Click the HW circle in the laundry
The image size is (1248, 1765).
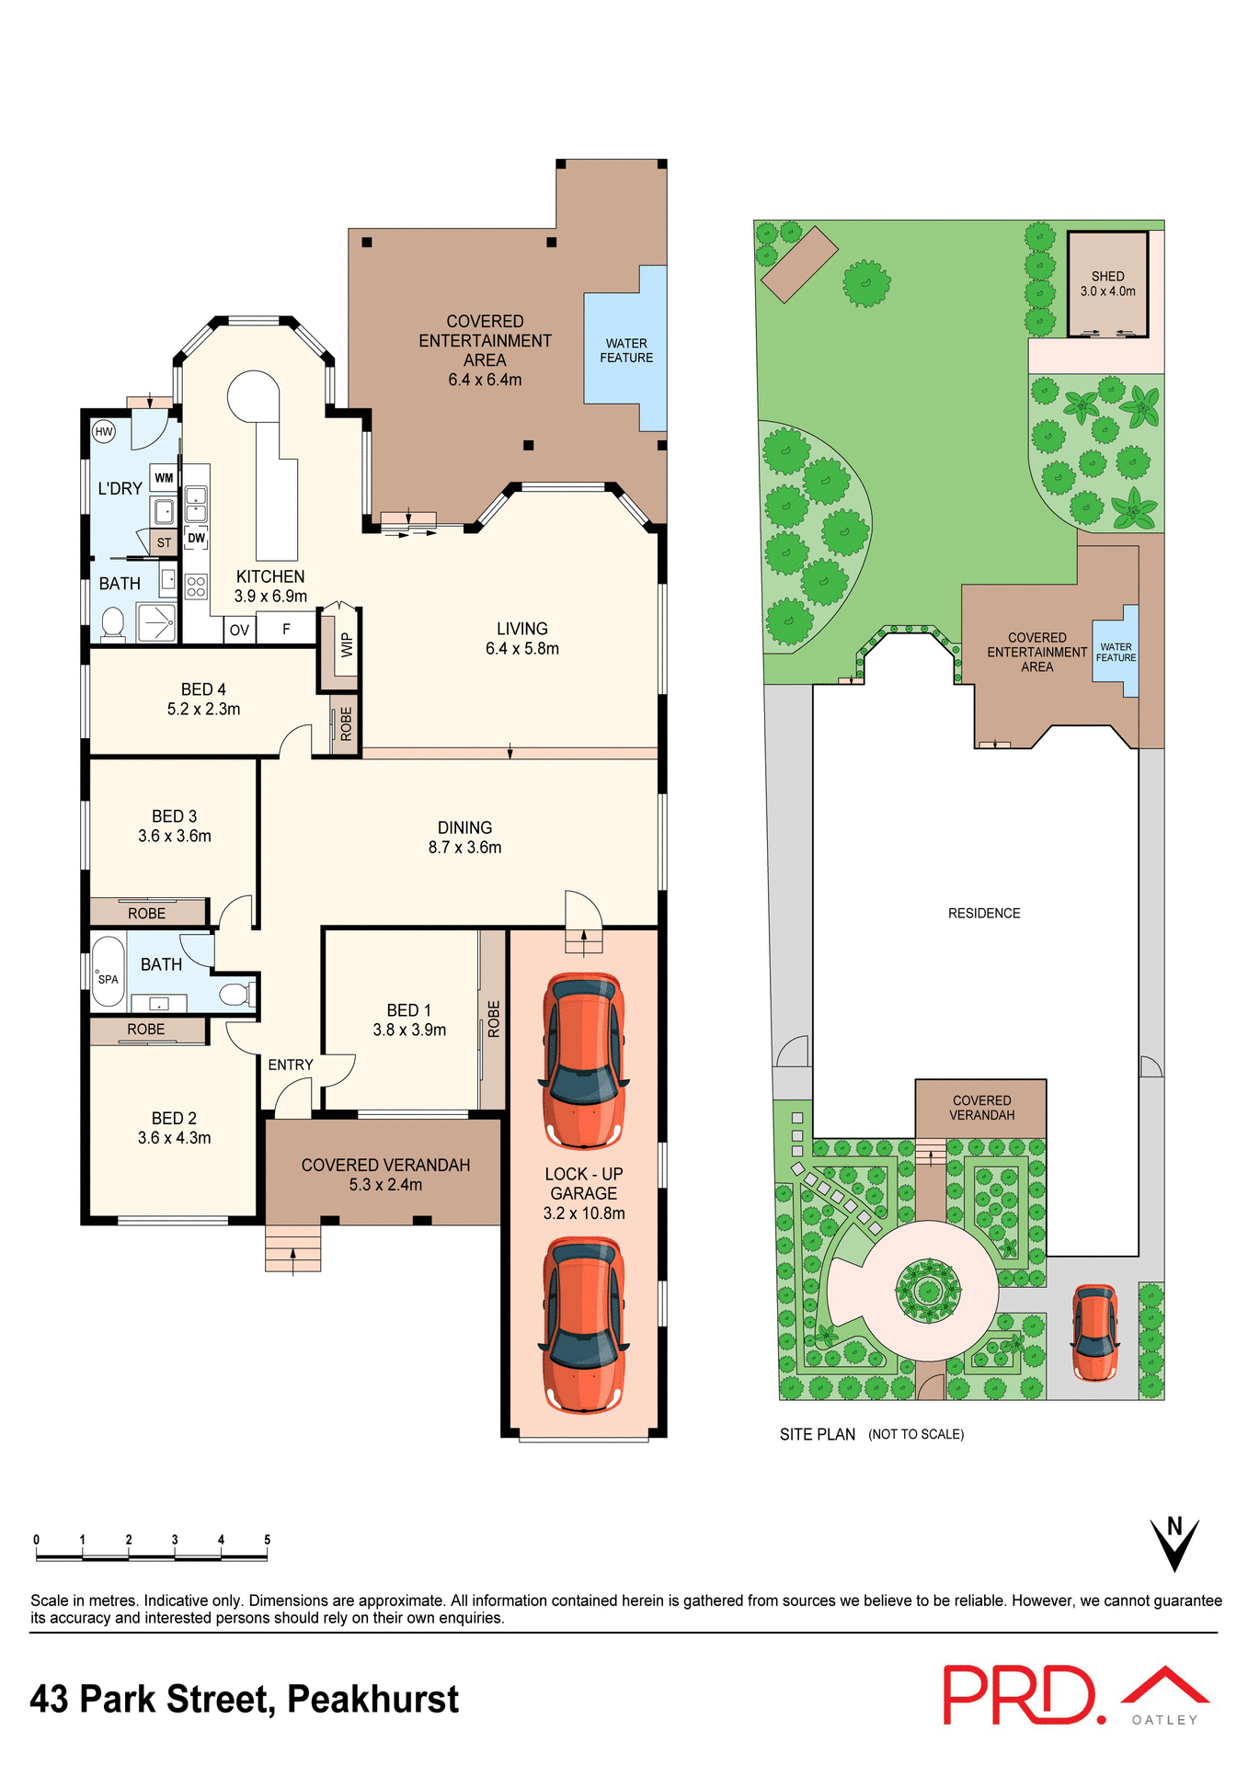[x=104, y=431]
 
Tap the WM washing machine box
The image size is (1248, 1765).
[x=164, y=478]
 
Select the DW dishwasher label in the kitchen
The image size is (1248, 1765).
[x=196, y=538]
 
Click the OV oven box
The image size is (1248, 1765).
[x=239, y=630]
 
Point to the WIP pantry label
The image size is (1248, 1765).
[x=347, y=644]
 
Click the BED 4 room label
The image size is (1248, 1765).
[x=203, y=699]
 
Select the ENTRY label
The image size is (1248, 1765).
[x=291, y=1065]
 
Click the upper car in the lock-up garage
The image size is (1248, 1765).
[x=583, y=1061]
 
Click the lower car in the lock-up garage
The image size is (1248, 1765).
[x=583, y=1325]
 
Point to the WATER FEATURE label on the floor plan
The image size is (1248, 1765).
[x=626, y=350]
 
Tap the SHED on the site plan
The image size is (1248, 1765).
[x=1107, y=284]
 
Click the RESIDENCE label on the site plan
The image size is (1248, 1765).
[x=984, y=913]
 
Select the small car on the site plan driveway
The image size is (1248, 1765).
[x=1094, y=1333]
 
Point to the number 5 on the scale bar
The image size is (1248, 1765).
[x=267, y=1539]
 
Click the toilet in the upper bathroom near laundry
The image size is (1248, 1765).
[x=113, y=623]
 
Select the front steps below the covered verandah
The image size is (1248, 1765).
[x=293, y=1248]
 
